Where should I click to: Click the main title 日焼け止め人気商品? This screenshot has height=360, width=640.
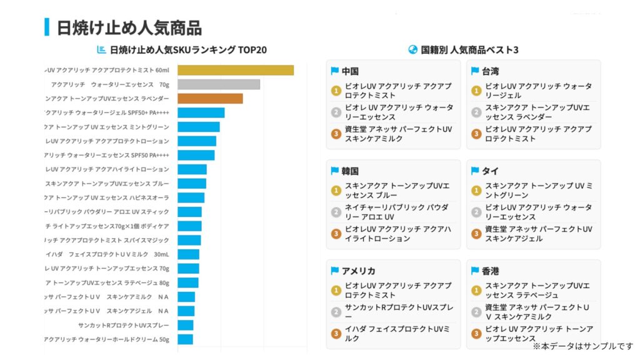point(129,27)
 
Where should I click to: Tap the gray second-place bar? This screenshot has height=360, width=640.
point(218,84)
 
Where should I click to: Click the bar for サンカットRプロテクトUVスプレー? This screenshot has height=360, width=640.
point(185,325)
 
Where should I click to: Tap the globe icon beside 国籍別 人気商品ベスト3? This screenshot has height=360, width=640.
point(412,50)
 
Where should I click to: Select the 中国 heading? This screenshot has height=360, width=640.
point(350,71)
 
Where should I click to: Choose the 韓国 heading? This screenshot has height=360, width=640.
point(350,171)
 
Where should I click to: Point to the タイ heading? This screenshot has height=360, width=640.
point(490,171)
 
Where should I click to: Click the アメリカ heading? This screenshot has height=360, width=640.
point(358,271)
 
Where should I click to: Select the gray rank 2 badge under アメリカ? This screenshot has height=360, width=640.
point(336,312)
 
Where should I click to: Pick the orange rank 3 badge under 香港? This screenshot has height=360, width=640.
point(476,333)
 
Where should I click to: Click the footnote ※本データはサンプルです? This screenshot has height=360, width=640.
point(582,346)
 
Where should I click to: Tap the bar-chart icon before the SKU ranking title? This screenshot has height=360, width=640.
point(101,50)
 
